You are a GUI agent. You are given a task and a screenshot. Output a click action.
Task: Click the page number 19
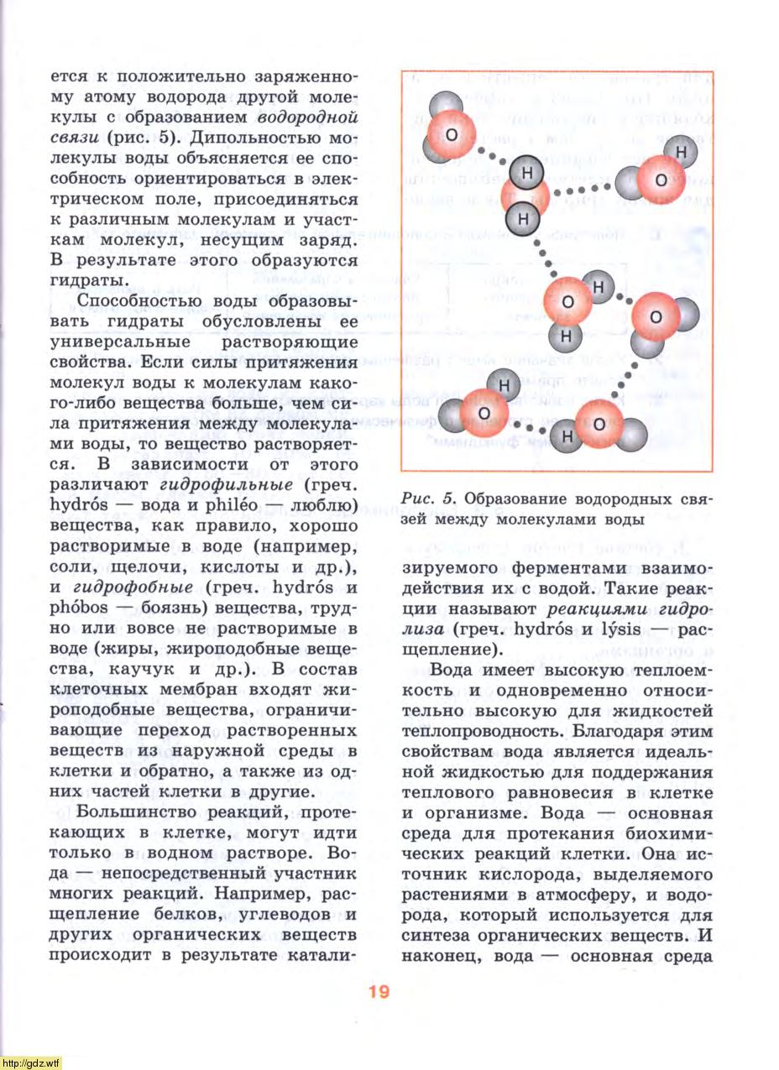click(378, 991)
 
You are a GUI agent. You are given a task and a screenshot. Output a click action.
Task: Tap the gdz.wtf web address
click(31, 1062)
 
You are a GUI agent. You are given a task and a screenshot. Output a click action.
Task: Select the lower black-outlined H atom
click(522, 219)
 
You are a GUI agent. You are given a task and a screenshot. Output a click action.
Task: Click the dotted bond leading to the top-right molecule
click(583, 191)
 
